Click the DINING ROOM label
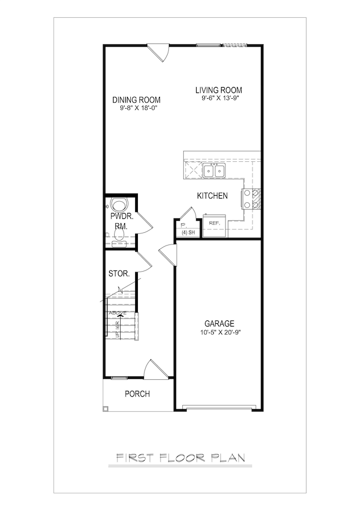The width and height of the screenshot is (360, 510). [x=136, y=100]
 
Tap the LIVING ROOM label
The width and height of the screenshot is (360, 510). [x=219, y=90]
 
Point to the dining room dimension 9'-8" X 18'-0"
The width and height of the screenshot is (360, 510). [x=136, y=108]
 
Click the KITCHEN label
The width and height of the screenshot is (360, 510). [x=212, y=196]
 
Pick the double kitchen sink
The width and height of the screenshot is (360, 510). [x=214, y=171]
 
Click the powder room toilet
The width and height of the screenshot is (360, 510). [x=119, y=205]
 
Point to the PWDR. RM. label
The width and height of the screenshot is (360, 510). [x=119, y=221]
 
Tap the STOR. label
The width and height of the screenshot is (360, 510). [x=119, y=274]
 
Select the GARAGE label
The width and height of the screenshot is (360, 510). [x=219, y=323]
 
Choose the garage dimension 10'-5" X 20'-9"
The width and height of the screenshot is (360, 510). [x=219, y=332]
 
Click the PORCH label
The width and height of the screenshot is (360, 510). [x=136, y=394]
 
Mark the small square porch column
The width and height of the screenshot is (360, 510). [x=106, y=409]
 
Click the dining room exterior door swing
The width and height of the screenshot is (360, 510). [x=161, y=52]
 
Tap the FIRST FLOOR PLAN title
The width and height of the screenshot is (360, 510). [x=181, y=458]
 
